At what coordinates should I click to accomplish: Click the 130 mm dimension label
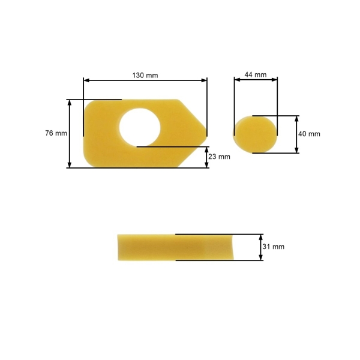(145, 75)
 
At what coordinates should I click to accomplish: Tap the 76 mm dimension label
(56, 133)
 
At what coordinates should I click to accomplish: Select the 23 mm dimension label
(219, 157)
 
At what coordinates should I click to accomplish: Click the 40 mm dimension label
(310, 134)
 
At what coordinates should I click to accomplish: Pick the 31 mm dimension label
(274, 247)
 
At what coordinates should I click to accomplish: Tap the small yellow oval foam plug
(255, 134)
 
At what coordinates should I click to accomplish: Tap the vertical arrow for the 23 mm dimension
(206, 157)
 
